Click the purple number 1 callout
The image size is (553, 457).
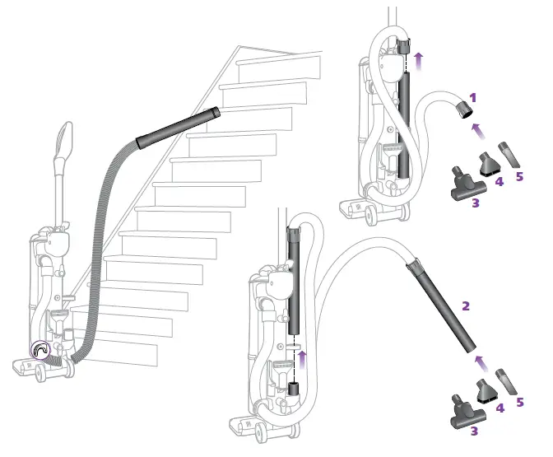coord(473,98)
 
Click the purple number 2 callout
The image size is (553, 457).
coord(466,306)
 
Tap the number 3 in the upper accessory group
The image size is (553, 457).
coord(476,203)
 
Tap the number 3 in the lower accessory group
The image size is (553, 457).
coord(474,431)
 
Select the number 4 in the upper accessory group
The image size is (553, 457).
coord(499,182)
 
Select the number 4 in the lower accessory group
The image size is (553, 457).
coord(500,408)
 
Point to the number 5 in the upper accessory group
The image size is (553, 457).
coord(519,176)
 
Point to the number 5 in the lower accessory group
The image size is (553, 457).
coord(519,403)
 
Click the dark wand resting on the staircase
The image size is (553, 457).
coord(178,128)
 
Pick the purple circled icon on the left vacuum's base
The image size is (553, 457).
coord(40,350)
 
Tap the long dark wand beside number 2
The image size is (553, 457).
coord(442,305)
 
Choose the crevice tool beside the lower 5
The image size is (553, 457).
coord(506,382)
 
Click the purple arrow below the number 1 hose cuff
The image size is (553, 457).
coord(478,131)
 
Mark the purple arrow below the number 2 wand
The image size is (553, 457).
coord(481,363)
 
